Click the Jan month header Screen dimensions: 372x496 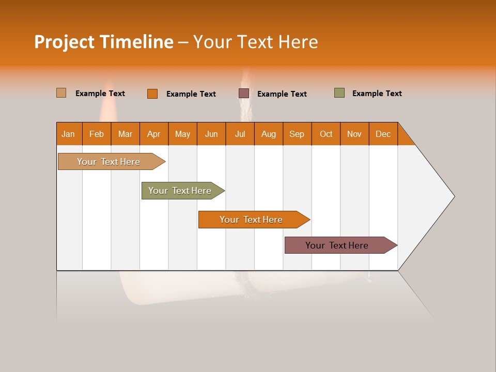(x=69, y=134)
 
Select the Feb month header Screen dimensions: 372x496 (x=97, y=134)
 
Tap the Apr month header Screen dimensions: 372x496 (x=154, y=134)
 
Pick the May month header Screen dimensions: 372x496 (x=182, y=134)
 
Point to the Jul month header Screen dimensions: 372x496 (x=240, y=134)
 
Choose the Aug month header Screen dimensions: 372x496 (x=269, y=134)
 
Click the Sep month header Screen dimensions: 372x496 (x=297, y=134)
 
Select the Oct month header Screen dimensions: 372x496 (x=326, y=134)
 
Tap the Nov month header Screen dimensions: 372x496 (x=354, y=134)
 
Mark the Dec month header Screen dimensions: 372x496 (x=383, y=134)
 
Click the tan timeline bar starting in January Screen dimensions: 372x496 (x=109, y=162)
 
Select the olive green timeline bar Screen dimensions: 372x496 (x=180, y=191)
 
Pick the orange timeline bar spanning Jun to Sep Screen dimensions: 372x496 (x=251, y=220)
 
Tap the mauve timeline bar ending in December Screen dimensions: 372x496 (x=337, y=245)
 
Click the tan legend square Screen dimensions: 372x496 (x=61, y=93)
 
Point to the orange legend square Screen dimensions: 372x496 (x=152, y=94)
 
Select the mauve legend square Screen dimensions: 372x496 (x=244, y=94)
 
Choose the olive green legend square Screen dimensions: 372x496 (x=339, y=93)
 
